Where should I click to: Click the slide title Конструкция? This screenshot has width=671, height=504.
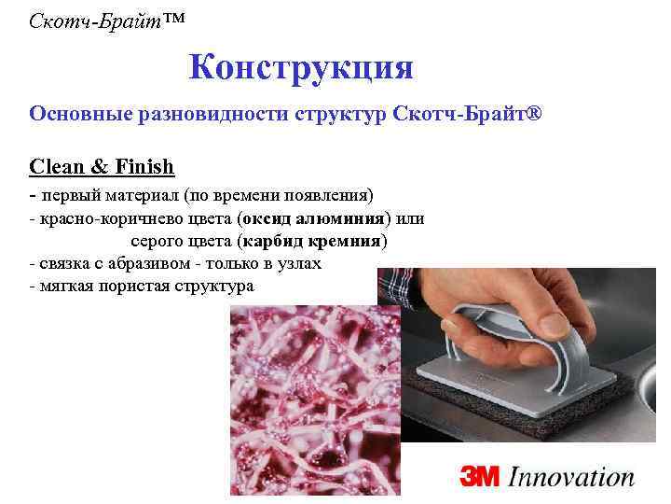pyautogui.click(x=300, y=67)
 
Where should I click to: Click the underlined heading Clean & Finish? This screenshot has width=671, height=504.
pyautogui.click(x=102, y=167)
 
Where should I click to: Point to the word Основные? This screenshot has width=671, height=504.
pyautogui.click(x=78, y=114)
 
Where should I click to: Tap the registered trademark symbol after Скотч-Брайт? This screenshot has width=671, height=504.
pyautogui.click(x=533, y=113)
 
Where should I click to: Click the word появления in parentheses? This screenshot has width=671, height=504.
pyautogui.click(x=330, y=195)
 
